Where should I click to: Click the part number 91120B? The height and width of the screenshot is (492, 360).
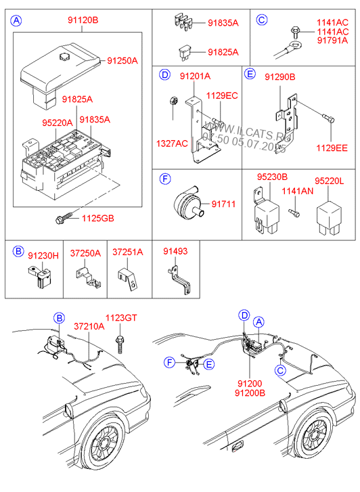pos(83,20)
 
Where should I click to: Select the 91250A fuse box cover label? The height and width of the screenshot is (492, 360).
pos(122,60)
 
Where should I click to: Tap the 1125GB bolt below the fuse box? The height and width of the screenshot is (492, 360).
pos(64,218)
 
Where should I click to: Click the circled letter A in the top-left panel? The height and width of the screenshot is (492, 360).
pos(16,21)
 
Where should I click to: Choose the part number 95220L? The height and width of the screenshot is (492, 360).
pos(330,181)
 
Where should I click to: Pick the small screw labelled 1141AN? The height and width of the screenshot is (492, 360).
pos(294,213)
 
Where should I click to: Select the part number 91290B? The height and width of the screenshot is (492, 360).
pos(280,77)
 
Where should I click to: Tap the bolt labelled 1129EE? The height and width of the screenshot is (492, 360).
pos(329,119)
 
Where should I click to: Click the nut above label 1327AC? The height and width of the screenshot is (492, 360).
pos(173,101)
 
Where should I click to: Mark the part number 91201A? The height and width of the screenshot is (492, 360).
pos(195,76)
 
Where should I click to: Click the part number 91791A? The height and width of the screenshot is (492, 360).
pos(332,40)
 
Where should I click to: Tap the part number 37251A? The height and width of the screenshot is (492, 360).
pos(128,252)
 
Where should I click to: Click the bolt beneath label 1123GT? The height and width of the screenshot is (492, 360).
pos(120,344)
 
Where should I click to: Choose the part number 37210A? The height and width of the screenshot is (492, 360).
pos(89,326)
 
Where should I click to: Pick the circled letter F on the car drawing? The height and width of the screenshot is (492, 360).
pos(170,363)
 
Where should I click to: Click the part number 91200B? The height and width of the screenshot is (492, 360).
pos(250,393)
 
